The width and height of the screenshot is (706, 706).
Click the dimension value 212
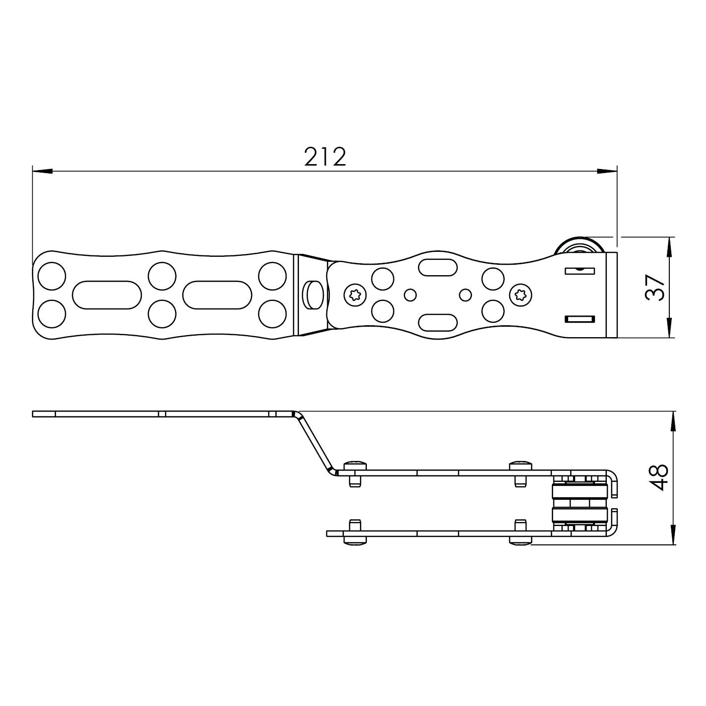point(325,157)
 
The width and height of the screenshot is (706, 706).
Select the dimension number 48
point(658,477)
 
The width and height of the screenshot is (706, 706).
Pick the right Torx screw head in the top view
point(521,294)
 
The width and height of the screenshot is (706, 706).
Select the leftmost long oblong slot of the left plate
point(107,295)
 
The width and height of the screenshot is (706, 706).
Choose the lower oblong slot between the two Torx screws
point(438,322)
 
